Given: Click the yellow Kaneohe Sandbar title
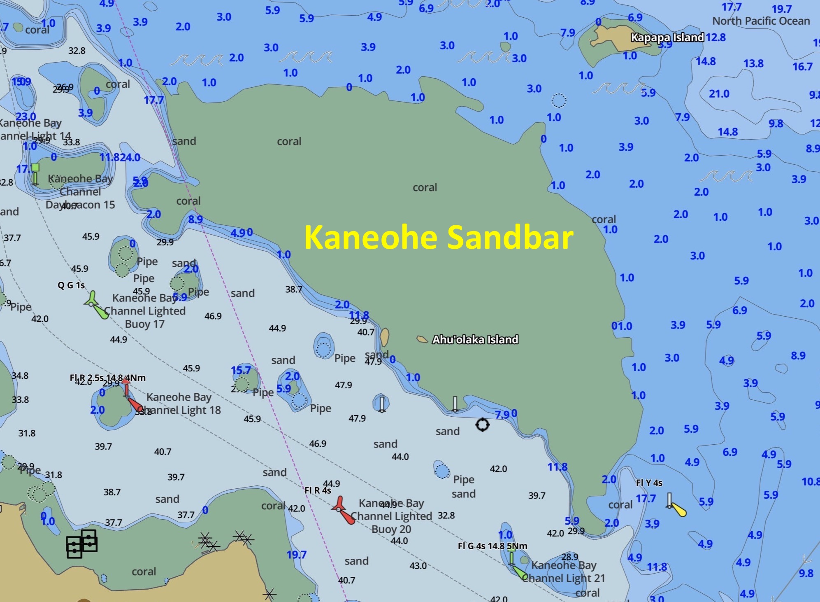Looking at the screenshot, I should [x=439, y=237].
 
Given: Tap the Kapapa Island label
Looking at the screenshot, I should [x=667, y=37].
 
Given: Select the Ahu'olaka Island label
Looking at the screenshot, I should [x=475, y=340].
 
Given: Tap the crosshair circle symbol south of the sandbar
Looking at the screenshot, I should [x=482, y=425].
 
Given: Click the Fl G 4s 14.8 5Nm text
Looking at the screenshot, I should [x=492, y=546].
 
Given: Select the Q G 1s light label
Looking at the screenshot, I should [x=71, y=285].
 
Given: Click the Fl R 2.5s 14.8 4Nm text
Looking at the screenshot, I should [x=107, y=378].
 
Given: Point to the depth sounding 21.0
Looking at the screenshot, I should [x=719, y=94].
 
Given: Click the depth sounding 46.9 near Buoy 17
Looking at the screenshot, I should [x=213, y=316].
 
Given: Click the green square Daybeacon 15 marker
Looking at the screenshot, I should [x=35, y=168].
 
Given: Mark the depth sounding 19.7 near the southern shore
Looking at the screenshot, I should [x=296, y=555].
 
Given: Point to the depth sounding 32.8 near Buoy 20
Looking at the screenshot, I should [x=446, y=516].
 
